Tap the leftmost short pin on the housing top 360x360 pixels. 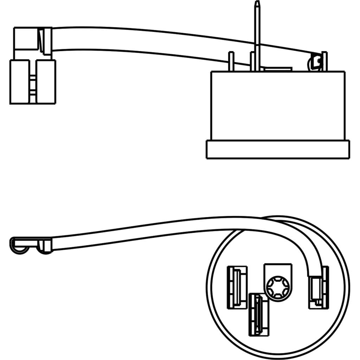pos(231,62)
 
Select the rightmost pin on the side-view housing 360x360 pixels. pos(325,62)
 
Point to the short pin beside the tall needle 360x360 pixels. pos(252,62)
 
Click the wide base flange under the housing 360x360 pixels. pos(277,149)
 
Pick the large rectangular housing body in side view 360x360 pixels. pos(277,105)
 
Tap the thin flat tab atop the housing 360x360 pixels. pos(278,69)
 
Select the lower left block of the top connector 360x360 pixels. pos(19,82)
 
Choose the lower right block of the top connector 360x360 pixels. pos(46,82)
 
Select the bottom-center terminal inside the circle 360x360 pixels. pos(258,314)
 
